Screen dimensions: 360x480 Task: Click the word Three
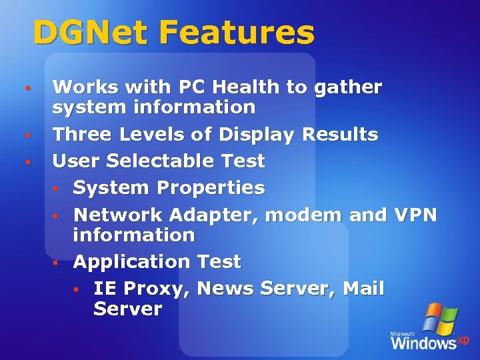83,134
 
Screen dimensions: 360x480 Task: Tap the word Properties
213,188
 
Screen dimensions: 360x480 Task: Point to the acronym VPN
415,215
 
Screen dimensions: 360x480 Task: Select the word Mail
364,289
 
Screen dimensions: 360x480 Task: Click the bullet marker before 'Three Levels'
28,135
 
